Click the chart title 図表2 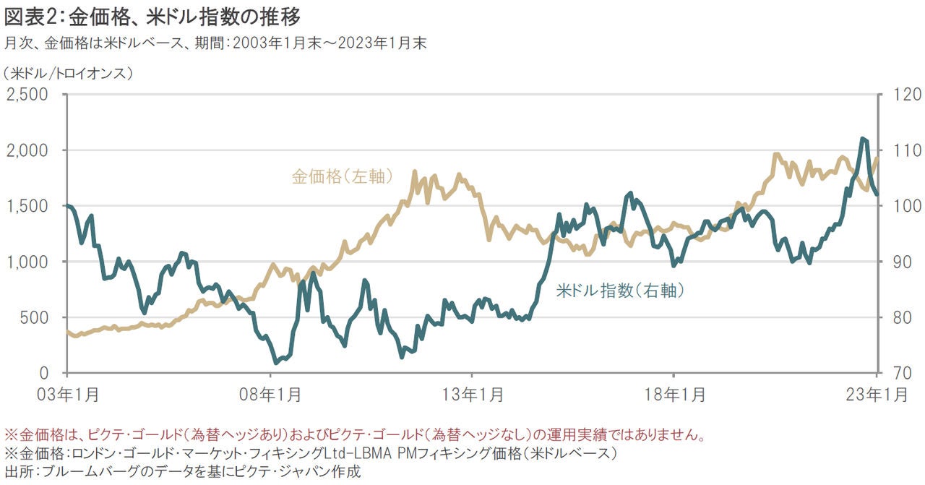point(152,15)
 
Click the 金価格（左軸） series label point(342,176)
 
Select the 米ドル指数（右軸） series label point(620,291)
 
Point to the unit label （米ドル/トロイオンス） point(68,72)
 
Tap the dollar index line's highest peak point(863,139)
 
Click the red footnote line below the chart point(354,435)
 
